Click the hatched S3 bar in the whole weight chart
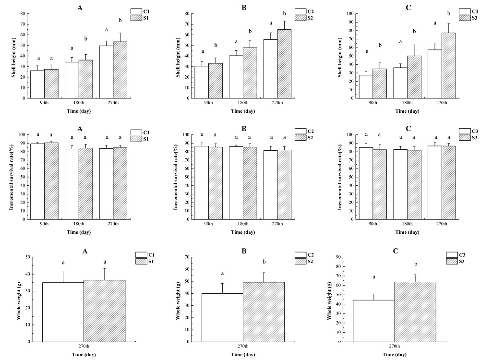pos(415,312)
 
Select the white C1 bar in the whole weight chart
pos(63,312)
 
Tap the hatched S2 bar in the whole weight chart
pos(264,312)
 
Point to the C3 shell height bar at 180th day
pos(400,83)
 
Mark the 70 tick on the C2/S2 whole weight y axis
pos(187,257)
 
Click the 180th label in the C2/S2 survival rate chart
pos(243,224)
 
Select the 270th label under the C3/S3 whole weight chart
pos(395,347)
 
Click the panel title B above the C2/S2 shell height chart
pos(243,7)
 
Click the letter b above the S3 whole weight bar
pos(416,264)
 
